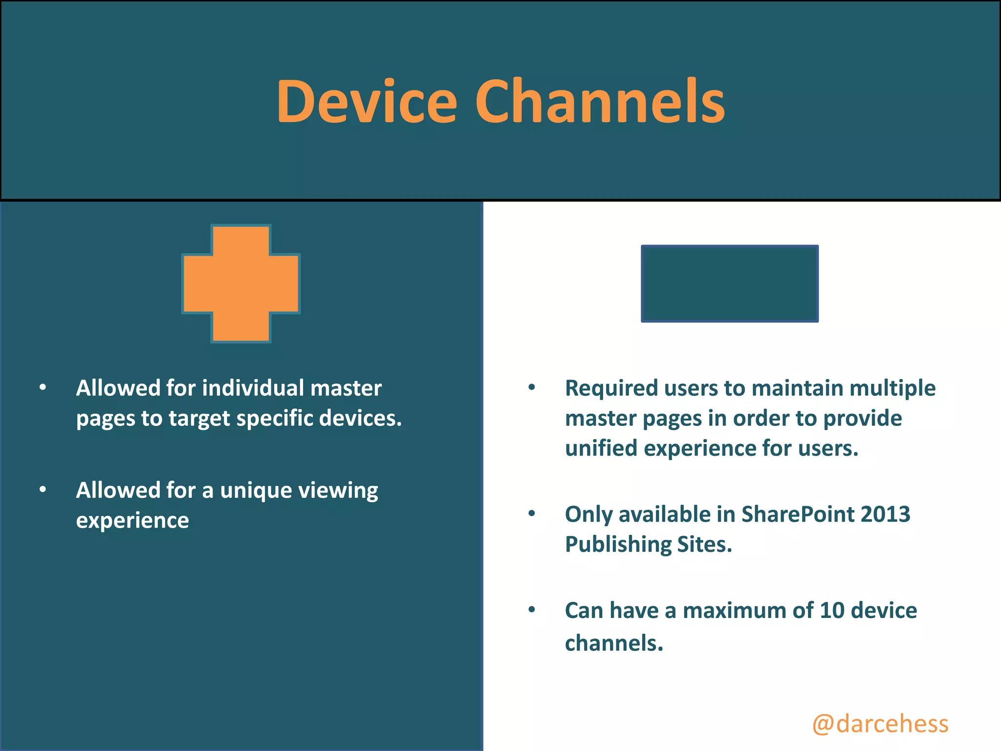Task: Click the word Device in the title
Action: (367, 102)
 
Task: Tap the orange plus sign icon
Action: (241, 284)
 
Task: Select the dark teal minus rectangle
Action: (729, 284)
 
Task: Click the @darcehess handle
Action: (880, 724)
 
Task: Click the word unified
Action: (601, 448)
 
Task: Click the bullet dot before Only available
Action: (532, 514)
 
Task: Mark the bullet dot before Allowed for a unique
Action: (43, 489)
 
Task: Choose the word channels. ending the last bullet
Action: (614, 643)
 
